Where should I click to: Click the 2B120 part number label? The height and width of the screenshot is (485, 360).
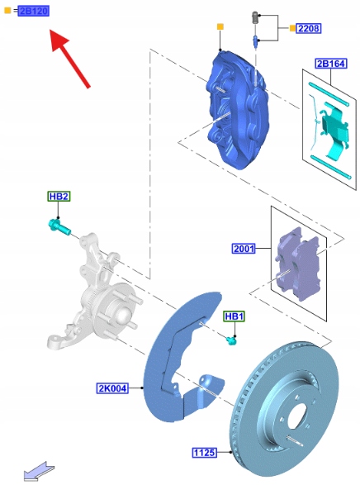(x=33, y=11)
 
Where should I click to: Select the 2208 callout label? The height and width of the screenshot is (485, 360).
(x=309, y=28)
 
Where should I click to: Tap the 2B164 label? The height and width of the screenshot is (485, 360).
(x=331, y=64)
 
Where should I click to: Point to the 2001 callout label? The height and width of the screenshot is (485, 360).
(x=244, y=249)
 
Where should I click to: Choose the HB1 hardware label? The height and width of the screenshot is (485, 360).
(x=234, y=316)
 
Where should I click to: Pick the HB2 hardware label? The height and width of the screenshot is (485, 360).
(x=59, y=197)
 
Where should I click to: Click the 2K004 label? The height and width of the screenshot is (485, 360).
(x=112, y=388)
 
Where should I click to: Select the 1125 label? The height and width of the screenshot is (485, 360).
(x=205, y=453)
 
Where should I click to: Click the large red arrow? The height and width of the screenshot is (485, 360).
(x=69, y=58)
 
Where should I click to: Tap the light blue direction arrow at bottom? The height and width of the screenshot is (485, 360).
(x=39, y=472)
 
